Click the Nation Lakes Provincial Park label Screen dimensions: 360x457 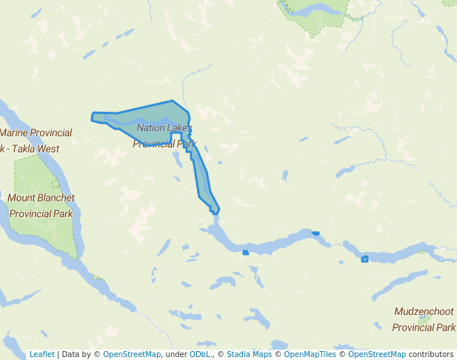[x=164, y=136]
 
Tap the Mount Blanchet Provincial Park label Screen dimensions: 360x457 [x=41, y=206]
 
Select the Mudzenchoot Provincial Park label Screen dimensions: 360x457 [x=423, y=319]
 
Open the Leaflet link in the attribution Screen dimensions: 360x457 [x=41, y=354]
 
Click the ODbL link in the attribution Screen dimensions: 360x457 [x=200, y=354]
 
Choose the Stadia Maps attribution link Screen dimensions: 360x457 [x=249, y=354]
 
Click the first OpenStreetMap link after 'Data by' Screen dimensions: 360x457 [x=132, y=354]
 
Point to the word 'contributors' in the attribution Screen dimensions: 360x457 [x=431, y=354]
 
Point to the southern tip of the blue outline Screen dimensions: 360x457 [x=215, y=213]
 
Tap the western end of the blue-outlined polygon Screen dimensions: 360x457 [x=93, y=117]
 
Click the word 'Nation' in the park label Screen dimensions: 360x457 [x=151, y=128]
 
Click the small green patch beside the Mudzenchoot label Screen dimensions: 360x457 [x=424, y=320]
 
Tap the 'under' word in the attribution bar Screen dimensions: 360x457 [x=176, y=354]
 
